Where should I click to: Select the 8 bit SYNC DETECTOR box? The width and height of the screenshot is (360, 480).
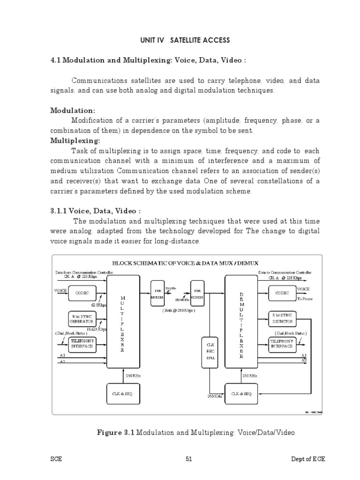click(x=282, y=319)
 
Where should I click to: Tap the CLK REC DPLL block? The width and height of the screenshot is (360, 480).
click(x=210, y=350)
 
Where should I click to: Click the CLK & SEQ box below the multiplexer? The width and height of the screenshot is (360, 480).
click(x=122, y=394)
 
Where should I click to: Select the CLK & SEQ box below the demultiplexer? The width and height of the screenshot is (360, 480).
click(x=241, y=394)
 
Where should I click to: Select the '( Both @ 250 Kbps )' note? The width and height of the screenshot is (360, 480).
click(x=179, y=310)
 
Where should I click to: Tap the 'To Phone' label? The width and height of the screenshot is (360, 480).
click(x=305, y=299)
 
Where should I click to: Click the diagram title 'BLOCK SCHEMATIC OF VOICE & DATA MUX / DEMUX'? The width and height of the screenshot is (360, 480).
click(x=185, y=263)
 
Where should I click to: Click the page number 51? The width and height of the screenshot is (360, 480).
click(x=189, y=459)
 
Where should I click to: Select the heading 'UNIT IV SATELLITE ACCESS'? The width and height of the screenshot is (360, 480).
click(x=185, y=40)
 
